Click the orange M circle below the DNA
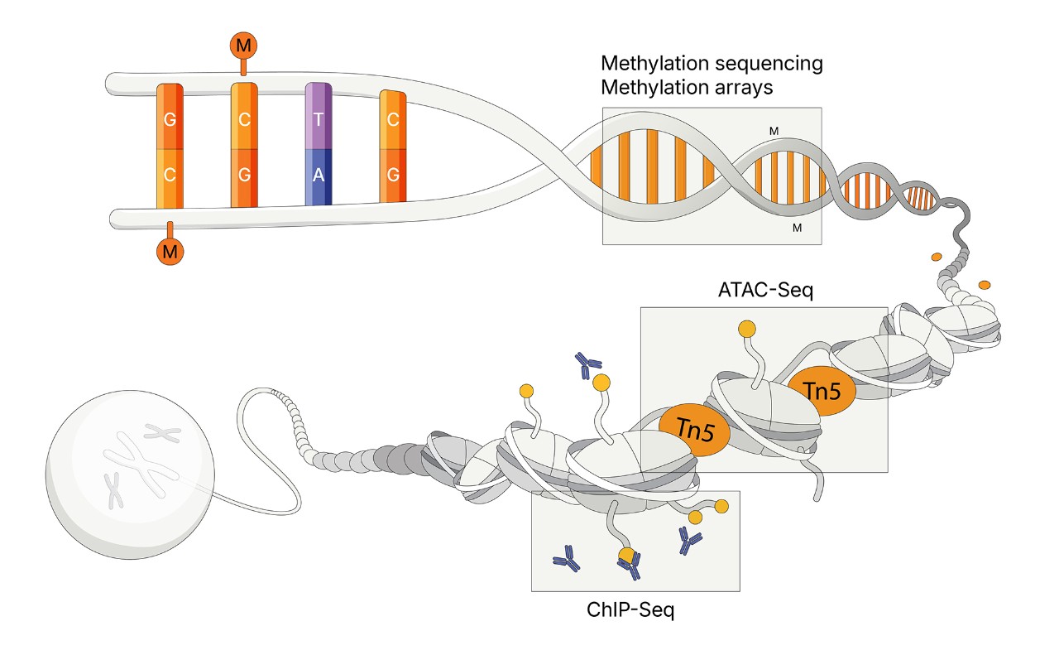click(x=170, y=252)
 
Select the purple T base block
click(x=319, y=118)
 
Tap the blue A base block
click(x=319, y=176)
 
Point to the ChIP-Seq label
click(x=631, y=611)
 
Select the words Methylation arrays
click(x=688, y=86)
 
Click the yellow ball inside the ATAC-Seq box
click(x=747, y=330)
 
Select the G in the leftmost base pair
click(x=170, y=118)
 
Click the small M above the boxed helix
click(x=774, y=131)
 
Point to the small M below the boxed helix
click(x=797, y=227)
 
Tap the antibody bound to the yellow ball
click(x=630, y=566)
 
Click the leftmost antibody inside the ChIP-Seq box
click(x=567, y=559)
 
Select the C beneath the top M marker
click(x=244, y=118)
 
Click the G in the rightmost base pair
click(x=393, y=176)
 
